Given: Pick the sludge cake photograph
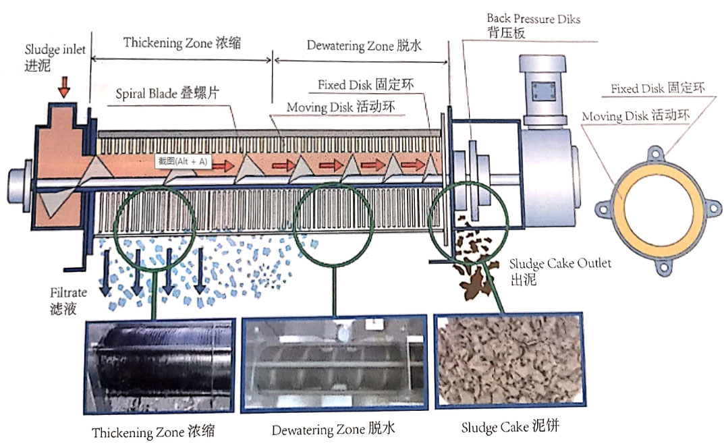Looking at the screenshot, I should click(x=509, y=361).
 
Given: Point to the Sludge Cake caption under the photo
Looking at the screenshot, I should click(x=510, y=427).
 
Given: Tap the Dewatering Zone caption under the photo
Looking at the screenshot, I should click(x=333, y=430).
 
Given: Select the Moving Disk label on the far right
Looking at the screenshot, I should click(x=634, y=116).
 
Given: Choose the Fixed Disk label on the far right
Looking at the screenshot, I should click(x=657, y=89).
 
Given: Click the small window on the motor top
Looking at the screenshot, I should click(x=541, y=88).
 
